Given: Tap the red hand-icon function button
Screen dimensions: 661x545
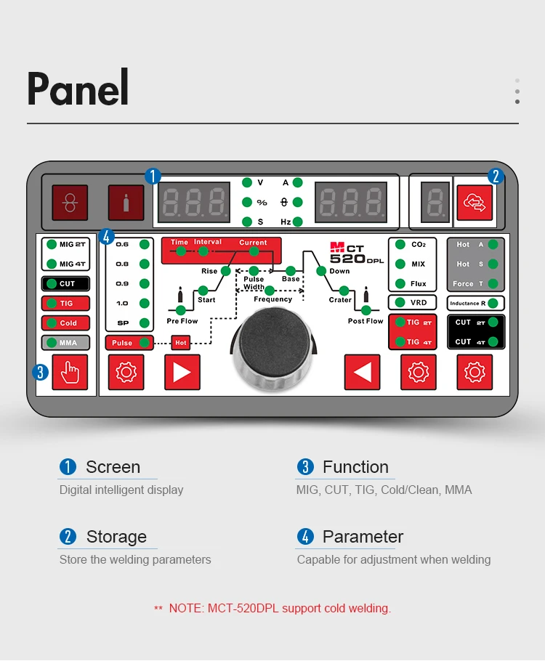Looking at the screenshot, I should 70,373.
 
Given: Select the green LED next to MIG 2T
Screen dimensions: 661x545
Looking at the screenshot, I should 52,245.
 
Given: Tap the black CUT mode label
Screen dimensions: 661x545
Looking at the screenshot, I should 65,284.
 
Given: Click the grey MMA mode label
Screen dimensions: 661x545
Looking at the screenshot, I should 65,343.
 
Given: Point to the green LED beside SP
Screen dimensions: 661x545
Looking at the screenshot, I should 144,323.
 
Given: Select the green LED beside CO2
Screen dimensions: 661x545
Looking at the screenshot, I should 400,245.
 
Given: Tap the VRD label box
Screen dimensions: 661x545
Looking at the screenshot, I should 412,303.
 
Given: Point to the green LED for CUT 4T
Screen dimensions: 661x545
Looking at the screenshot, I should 493,341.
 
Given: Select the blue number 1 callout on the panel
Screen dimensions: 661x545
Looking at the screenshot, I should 152,176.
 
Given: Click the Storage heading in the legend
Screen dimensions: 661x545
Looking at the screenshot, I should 116,537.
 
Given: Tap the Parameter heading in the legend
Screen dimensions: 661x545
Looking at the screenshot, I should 363,537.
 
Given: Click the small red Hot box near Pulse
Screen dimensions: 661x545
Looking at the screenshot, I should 181,343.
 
